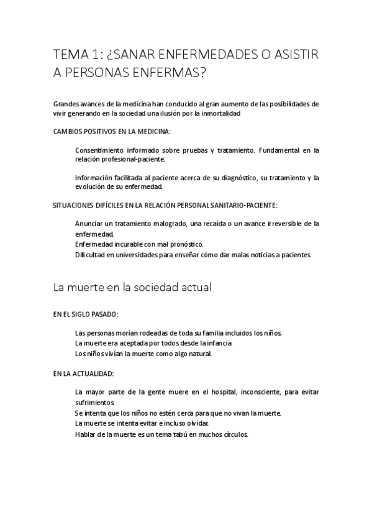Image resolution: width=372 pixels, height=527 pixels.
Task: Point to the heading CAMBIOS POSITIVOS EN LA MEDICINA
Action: click(x=111, y=132)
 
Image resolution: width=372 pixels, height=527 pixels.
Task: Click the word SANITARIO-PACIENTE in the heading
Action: click(x=245, y=205)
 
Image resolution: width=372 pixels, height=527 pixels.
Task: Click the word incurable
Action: click(x=130, y=244)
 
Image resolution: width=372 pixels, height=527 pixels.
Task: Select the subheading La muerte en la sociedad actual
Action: click(x=133, y=287)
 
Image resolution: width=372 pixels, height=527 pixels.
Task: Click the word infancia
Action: click(x=217, y=343)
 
